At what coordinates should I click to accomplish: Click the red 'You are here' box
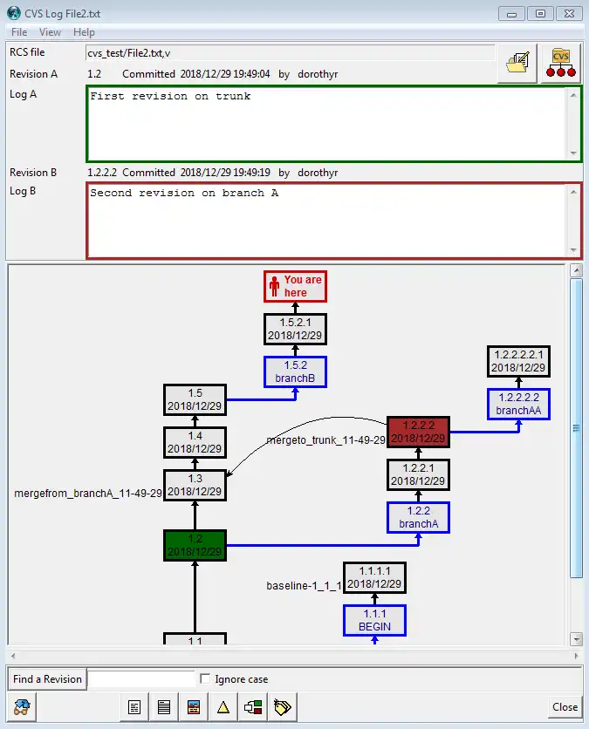295,286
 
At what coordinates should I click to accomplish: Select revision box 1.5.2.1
295,329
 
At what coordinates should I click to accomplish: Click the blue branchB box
295,371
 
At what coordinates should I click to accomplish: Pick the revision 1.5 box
195,399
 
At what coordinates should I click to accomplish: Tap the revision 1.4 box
195,442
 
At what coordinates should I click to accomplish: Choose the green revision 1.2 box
195,545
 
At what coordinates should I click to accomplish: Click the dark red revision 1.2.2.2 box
418,432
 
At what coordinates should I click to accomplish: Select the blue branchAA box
518,404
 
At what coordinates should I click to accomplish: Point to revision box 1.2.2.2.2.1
518,361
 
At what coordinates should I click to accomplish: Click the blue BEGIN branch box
374,620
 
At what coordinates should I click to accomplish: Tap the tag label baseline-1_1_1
304,585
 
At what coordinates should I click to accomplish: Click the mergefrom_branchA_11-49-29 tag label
88,494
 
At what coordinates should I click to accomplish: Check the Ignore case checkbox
205,679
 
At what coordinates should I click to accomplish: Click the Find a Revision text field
141,679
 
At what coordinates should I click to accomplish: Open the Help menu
84,32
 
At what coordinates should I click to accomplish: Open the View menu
51,32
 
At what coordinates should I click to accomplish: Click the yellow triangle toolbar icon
223,707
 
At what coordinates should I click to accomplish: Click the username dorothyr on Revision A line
318,74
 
